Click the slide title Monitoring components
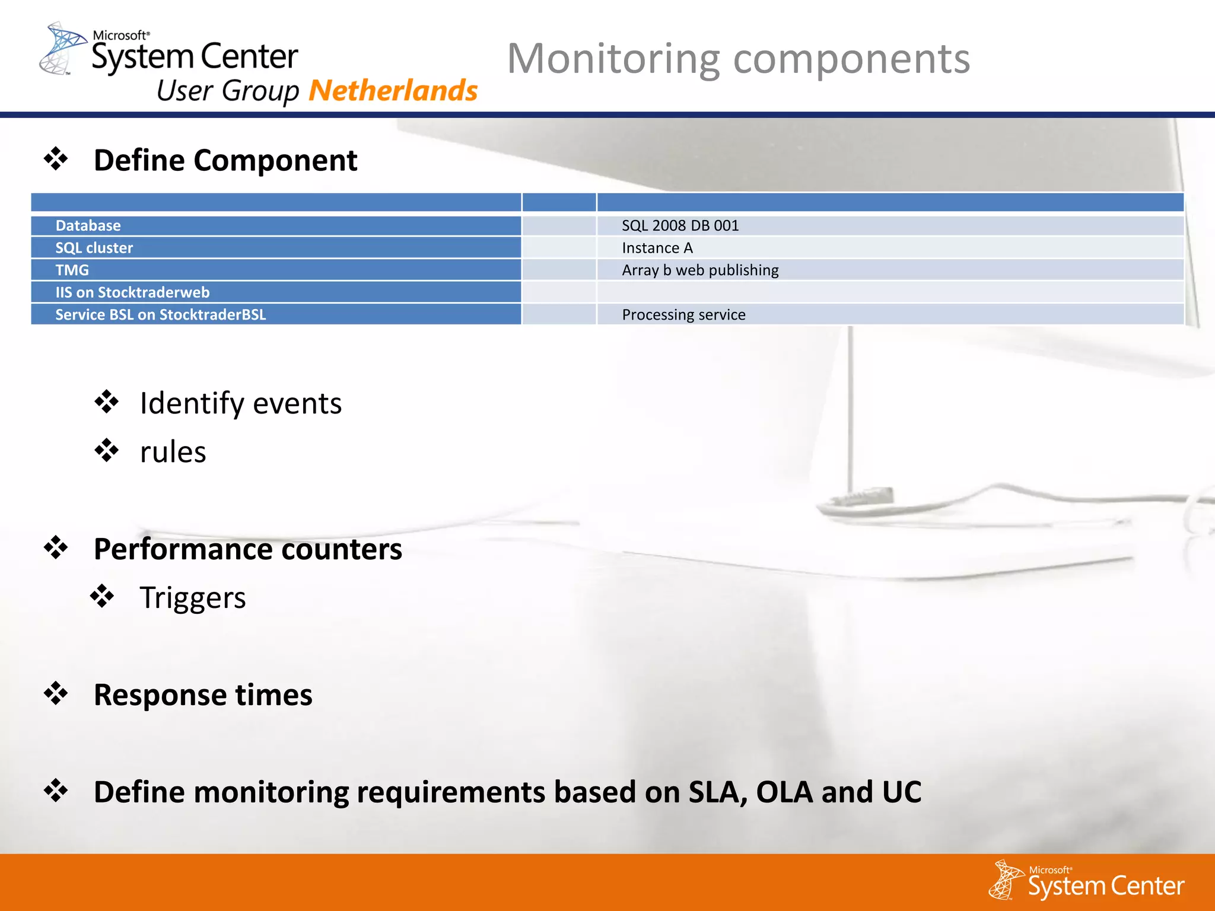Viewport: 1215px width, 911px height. tap(738, 59)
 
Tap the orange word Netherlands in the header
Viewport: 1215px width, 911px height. tap(393, 91)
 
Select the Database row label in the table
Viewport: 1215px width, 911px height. tap(88, 225)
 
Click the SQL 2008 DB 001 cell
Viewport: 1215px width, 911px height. tap(680, 225)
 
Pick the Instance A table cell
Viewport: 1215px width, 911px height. tap(657, 248)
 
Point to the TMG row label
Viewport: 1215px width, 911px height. tap(72, 270)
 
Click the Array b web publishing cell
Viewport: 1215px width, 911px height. tap(699, 270)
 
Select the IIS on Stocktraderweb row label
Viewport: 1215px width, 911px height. tap(132, 292)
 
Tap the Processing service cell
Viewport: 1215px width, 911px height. tap(683, 314)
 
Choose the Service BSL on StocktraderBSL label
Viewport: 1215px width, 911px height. tap(160, 314)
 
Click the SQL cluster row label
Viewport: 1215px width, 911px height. tap(94, 248)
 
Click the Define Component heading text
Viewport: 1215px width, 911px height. tap(225, 160)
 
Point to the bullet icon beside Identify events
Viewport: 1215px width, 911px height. tap(107, 402)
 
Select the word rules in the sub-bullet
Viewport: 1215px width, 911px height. tap(173, 452)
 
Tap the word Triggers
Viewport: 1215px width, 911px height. tap(192, 597)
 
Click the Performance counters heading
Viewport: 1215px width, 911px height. tap(247, 549)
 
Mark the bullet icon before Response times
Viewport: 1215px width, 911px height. tap(56, 693)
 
